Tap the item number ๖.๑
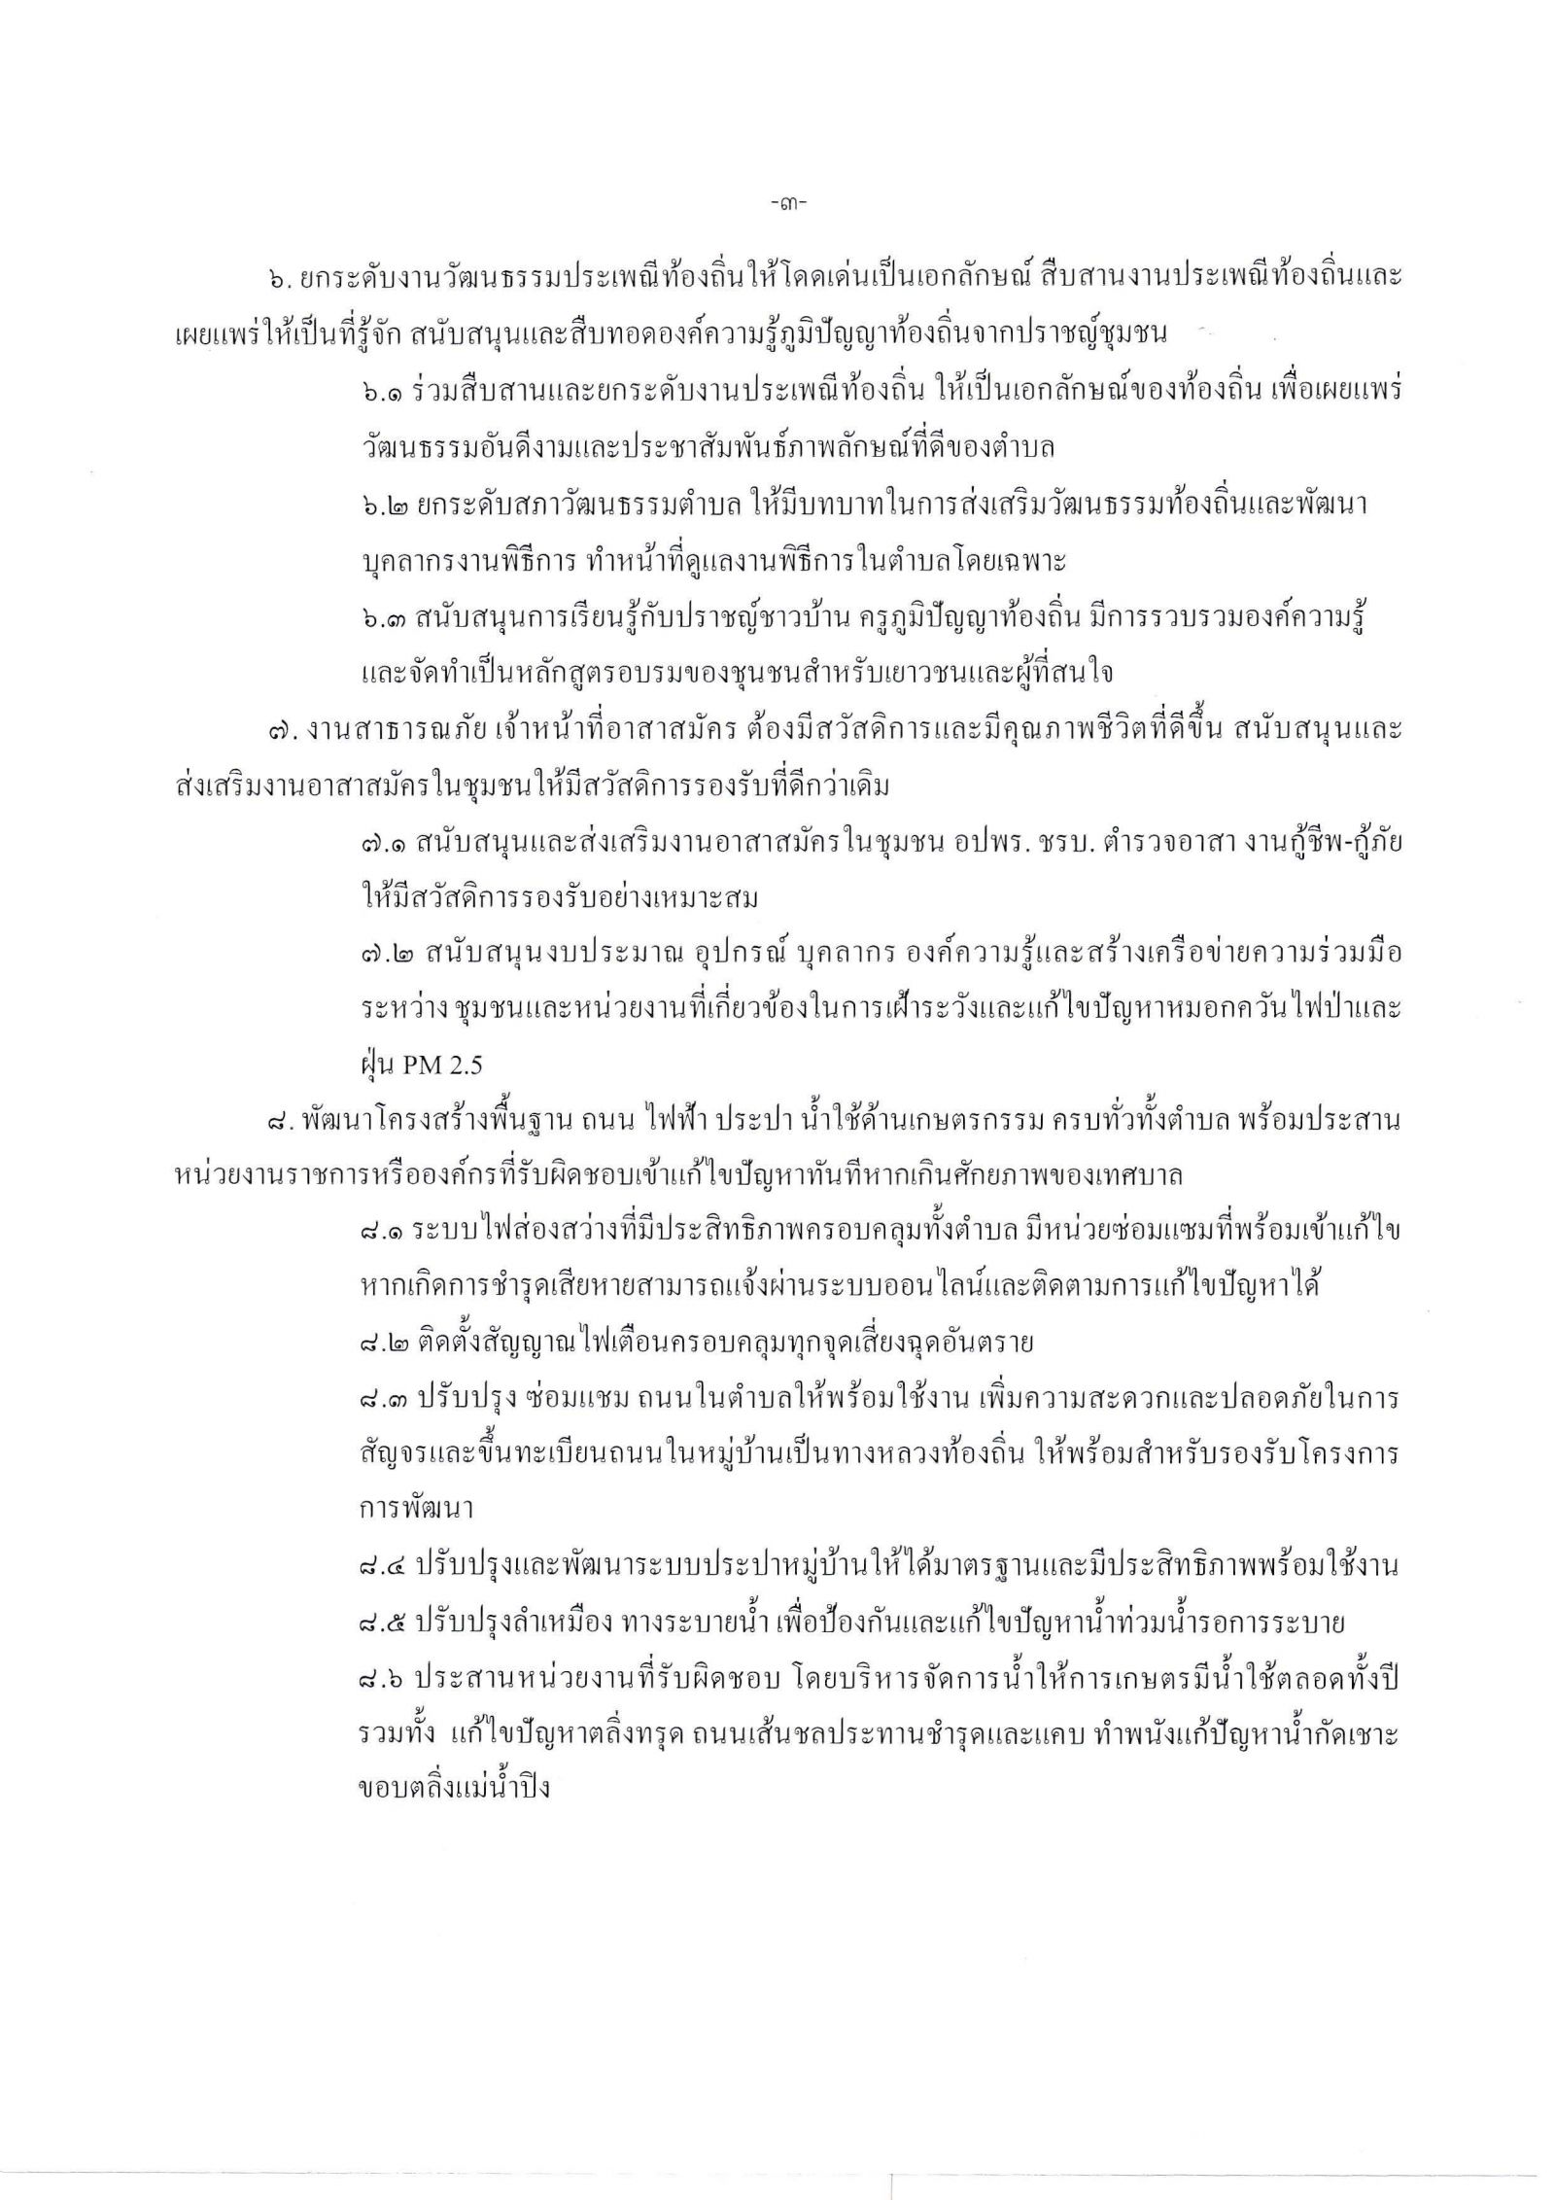pos(376,391)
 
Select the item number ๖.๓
pos(376,620)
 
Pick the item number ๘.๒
pos(377,1344)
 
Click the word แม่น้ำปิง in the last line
pos(494,1788)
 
